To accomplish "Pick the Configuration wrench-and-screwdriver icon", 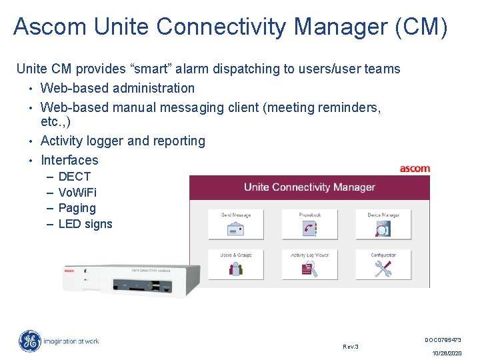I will click(383, 268).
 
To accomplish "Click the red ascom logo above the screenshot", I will click(415, 169).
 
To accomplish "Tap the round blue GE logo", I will click(29, 341).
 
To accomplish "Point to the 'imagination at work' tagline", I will click(71, 341).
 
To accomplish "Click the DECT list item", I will click(74, 177).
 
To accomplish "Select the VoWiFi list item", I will click(77, 193).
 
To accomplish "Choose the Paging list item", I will click(77, 208).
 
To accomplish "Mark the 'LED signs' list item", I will click(85, 224).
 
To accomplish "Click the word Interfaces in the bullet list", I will click(69, 160).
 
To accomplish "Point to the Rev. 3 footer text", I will click(350, 347).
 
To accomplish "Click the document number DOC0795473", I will click(443, 340).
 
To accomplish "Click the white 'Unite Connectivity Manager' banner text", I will click(309, 187).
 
